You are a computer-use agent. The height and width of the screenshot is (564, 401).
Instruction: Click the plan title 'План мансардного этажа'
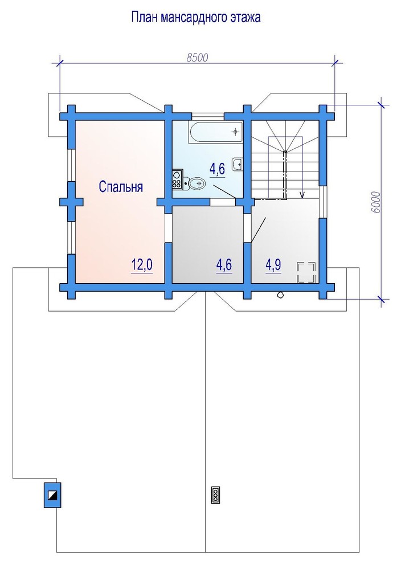click(x=195, y=17)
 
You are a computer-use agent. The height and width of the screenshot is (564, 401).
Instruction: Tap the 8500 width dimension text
click(x=197, y=58)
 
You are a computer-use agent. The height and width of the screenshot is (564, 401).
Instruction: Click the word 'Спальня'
click(x=121, y=187)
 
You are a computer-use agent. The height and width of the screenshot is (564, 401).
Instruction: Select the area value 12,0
click(x=142, y=265)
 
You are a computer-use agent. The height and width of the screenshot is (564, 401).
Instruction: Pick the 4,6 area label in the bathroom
click(x=217, y=168)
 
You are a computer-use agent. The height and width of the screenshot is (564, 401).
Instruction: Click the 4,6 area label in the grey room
click(x=224, y=265)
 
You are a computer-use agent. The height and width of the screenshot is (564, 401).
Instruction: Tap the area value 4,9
click(x=273, y=265)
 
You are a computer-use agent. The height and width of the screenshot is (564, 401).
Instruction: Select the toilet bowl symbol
click(x=195, y=183)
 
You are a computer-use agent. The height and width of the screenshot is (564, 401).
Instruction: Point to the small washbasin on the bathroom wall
click(x=238, y=164)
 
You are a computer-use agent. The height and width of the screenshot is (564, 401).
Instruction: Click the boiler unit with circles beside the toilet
click(x=177, y=179)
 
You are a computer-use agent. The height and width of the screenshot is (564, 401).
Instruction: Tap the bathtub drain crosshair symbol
click(x=236, y=132)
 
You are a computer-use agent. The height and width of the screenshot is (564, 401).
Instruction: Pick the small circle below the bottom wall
click(x=280, y=295)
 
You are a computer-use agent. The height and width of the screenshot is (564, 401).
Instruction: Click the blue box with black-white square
click(x=52, y=495)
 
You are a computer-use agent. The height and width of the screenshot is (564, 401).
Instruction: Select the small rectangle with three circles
click(x=216, y=495)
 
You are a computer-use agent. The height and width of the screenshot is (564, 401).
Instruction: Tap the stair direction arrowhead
click(x=302, y=195)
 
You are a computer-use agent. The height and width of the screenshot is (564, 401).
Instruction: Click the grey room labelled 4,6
click(x=207, y=244)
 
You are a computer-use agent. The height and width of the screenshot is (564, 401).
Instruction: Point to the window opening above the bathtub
click(x=208, y=116)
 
